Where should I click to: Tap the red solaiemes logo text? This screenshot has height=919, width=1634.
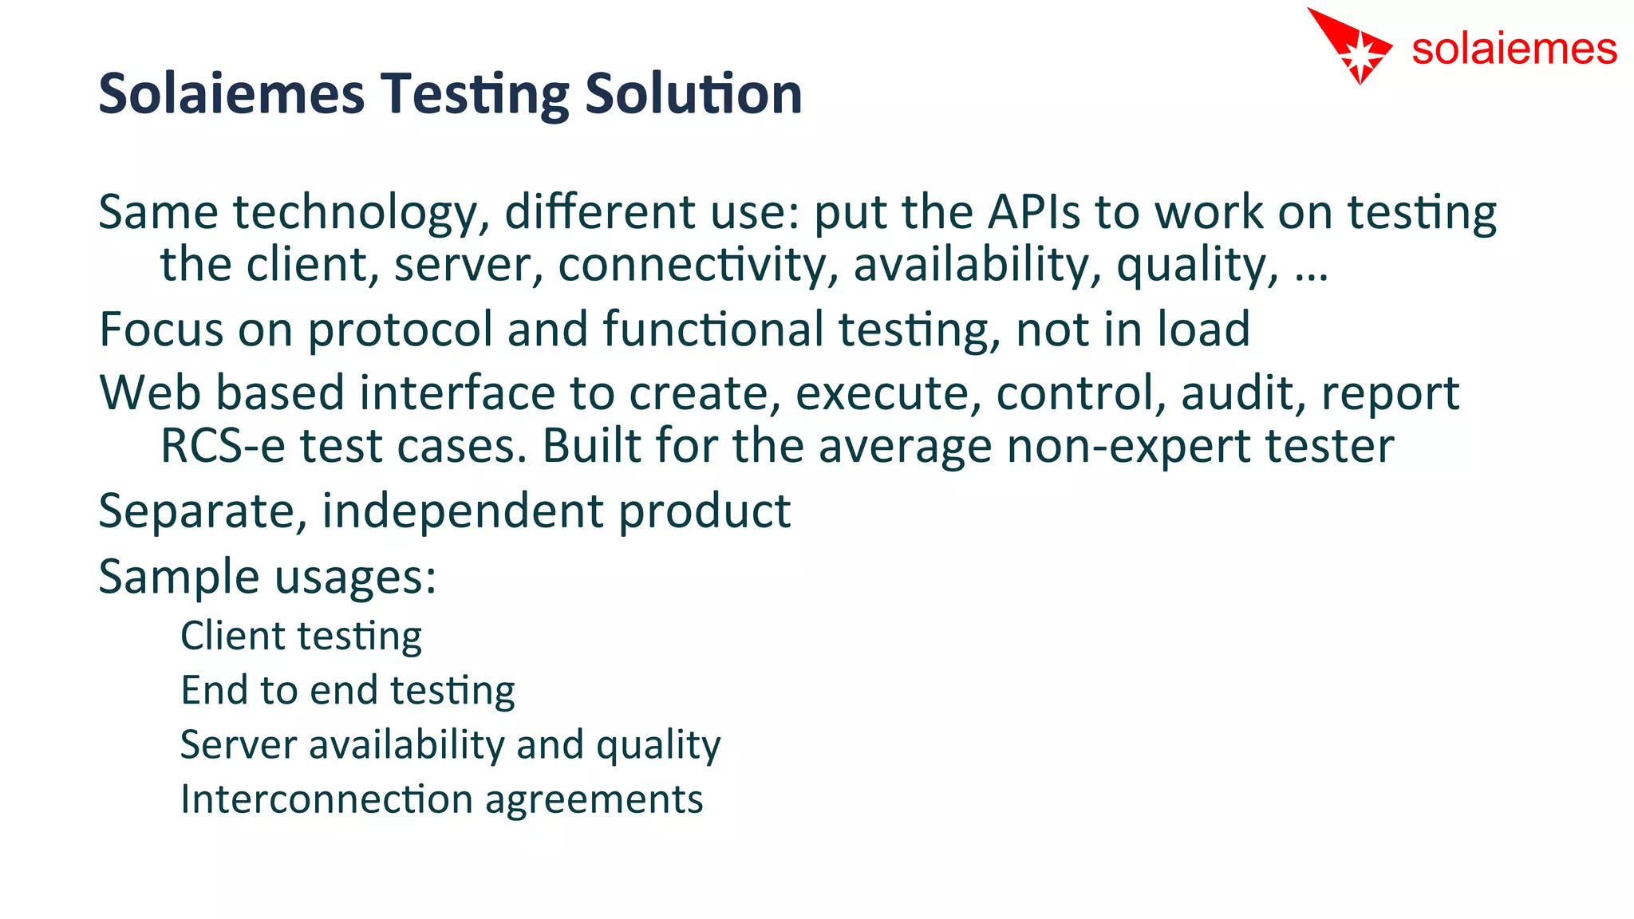pyautogui.click(x=1514, y=49)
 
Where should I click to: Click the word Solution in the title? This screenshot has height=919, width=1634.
pyautogui.click(x=693, y=94)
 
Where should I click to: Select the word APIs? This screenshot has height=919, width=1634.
pyautogui.click(x=1033, y=213)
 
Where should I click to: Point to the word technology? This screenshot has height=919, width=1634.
pyautogui.click(x=361, y=215)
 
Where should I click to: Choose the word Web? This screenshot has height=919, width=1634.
pyautogui.click(x=149, y=393)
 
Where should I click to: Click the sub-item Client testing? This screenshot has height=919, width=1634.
pyautogui.click(x=301, y=637)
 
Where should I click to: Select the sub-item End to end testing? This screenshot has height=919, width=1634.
pyautogui.click(x=348, y=691)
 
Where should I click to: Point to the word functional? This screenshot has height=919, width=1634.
pyautogui.click(x=712, y=329)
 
